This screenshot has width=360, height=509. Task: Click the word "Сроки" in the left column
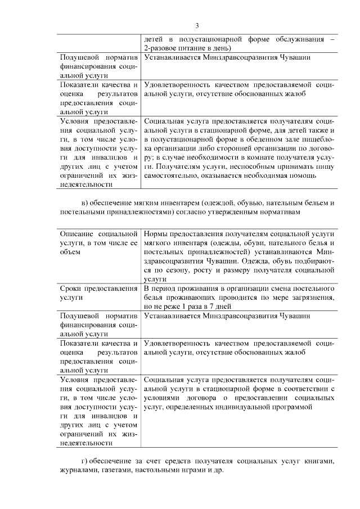pyautogui.click(x=71, y=289)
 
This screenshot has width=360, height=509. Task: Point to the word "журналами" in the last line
pyautogui.click(x=79, y=471)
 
